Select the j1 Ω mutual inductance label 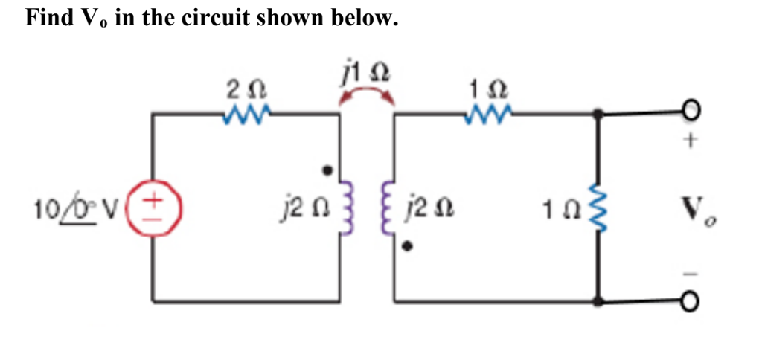coord(365,74)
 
